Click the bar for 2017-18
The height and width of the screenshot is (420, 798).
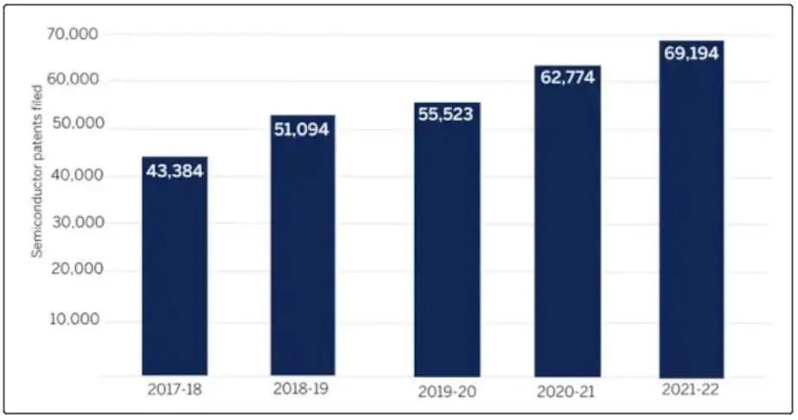point(175,266)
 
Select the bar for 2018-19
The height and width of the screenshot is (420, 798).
point(303,245)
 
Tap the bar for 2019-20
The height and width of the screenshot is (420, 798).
point(447,239)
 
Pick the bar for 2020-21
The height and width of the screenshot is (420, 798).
point(567,221)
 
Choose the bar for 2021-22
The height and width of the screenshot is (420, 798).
point(692,209)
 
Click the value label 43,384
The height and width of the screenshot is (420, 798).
point(175,171)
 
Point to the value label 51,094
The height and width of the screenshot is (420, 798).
point(302,130)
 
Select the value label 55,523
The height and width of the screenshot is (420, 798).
point(446,114)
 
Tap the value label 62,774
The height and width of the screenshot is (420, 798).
point(567,77)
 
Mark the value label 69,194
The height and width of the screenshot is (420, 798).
point(691,53)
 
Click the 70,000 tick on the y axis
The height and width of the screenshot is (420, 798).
point(73,34)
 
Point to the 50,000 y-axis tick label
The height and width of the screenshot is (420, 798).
point(76,124)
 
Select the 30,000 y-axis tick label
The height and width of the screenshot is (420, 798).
point(76,222)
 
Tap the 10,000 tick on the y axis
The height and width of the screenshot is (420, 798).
point(74,320)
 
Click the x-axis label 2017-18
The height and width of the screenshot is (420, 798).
point(175,390)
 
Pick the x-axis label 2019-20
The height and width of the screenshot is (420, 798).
point(447,391)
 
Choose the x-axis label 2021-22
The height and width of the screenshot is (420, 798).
point(690,390)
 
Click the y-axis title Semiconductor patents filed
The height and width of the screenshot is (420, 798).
point(37,171)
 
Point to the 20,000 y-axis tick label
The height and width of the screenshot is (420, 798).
point(77,269)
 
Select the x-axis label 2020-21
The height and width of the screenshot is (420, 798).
point(565,391)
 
